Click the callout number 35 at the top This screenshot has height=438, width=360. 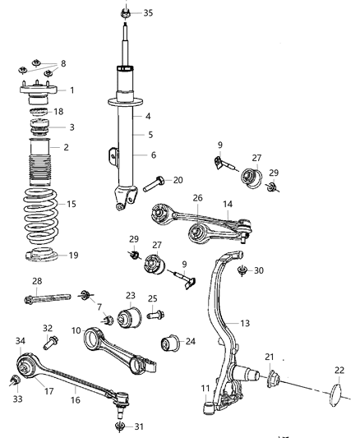[x=148, y=13]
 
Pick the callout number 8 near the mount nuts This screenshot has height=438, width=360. [x=63, y=62]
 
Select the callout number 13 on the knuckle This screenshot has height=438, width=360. [x=245, y=323]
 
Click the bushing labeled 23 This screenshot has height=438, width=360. [x=130, y=317]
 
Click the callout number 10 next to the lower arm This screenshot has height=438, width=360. [x=76, y=330]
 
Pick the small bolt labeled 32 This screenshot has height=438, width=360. [x=53, y=339]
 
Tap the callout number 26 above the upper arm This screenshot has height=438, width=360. [x=197, y=198]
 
